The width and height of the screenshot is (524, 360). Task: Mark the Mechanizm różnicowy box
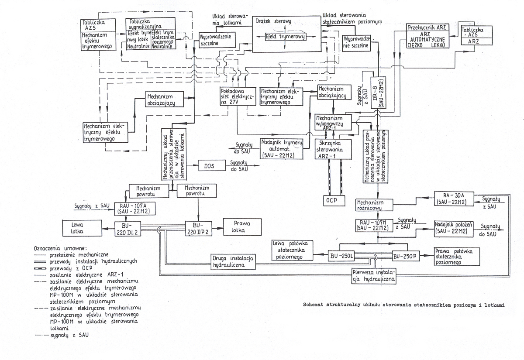(x=370, y=205)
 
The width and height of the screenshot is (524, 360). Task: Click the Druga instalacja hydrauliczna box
(x=233, y=261)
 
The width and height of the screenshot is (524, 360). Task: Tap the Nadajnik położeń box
(x=454, y=227)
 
